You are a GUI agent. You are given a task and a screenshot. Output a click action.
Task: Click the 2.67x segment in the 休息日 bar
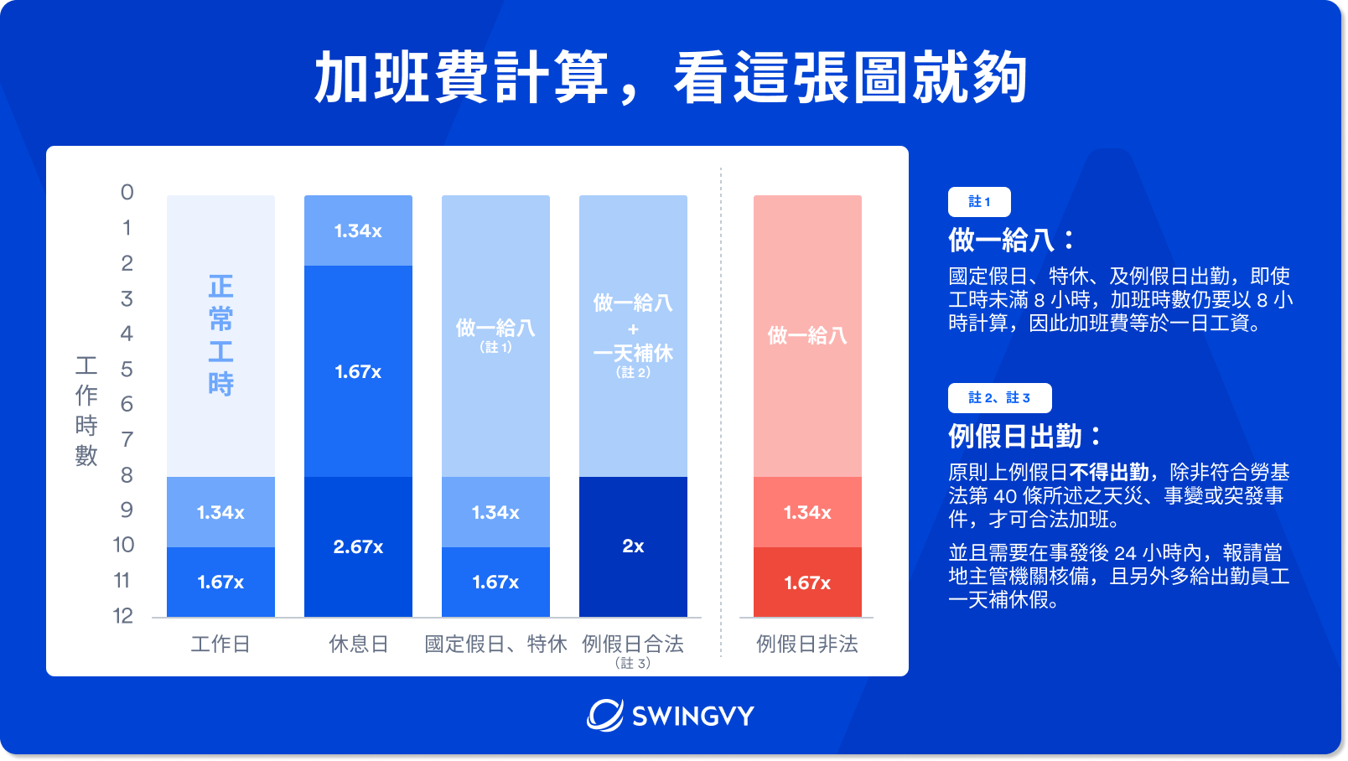(358, 546)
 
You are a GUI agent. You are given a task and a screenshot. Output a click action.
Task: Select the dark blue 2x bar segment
(633, 546)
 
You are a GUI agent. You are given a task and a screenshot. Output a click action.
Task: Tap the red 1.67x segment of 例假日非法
(807, 582)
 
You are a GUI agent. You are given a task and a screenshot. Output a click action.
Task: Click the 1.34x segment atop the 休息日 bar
(358, 230)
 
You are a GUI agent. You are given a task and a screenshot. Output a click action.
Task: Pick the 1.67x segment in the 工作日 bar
(220, 582)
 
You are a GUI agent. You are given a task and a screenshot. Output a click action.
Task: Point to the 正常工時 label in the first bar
(220, 335)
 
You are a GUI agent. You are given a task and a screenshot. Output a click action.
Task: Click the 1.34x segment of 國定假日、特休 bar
(495, 512)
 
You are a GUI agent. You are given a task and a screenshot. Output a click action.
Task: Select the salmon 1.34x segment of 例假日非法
(807, 512)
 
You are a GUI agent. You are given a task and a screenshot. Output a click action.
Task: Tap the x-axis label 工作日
(220, 644)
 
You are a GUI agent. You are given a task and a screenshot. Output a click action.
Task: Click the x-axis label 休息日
(358, 644)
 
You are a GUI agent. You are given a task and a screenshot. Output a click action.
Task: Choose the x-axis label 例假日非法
(807, 644)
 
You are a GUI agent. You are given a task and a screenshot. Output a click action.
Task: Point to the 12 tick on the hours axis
(123, 616)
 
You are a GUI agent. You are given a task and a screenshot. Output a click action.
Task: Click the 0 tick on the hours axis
(127, 193)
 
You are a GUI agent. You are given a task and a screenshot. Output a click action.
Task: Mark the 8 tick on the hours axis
(127, 475)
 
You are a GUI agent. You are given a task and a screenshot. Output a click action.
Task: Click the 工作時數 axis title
(86, 411)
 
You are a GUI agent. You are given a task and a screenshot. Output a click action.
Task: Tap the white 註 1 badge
(979, 202)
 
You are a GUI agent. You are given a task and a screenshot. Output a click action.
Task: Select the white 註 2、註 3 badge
(999, 398)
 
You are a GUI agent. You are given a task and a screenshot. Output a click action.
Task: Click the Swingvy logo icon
(604, 715)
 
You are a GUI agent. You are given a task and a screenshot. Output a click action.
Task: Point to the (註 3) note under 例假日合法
(633, 663)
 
